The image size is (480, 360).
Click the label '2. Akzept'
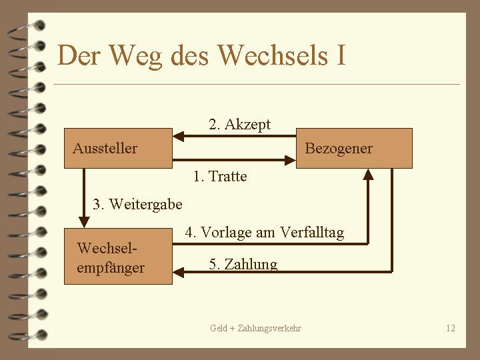(239, 125)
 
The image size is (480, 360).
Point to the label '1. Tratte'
(220, 176)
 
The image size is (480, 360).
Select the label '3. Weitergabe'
(137, 204)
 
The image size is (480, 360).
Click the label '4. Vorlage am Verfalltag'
(265, 232)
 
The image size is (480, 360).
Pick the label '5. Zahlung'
(243, 264)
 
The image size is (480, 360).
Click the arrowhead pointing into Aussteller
(179, 137)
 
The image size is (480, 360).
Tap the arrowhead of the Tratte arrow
(290, 159)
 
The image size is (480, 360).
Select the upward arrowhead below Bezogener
(368, 175)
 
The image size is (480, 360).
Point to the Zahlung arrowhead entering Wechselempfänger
(179, 271)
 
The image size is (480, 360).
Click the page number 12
(451, 328)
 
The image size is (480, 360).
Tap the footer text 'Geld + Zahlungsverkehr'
(255, 328)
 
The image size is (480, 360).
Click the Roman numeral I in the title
(341, 55)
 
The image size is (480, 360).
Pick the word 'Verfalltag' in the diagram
(312, 232)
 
